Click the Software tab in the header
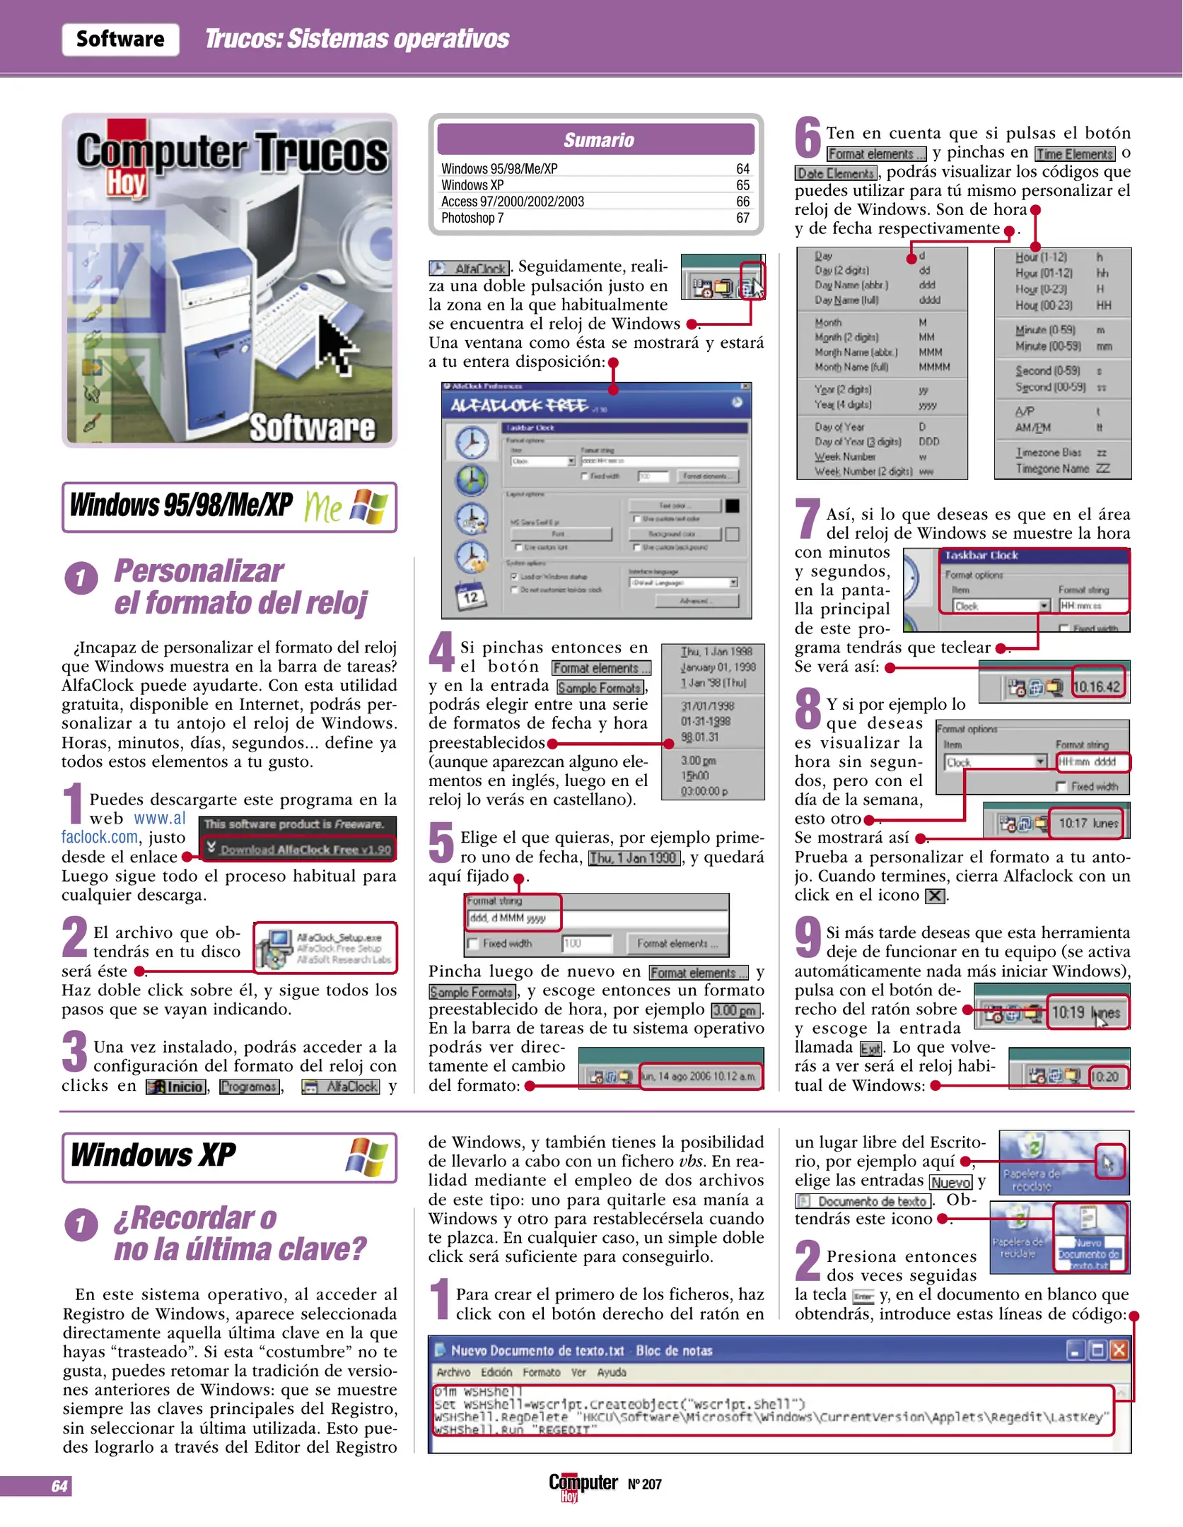pos(120,39)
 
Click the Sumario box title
pos(598,140)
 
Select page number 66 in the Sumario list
pos(742,201)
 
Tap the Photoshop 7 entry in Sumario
pos(472,218)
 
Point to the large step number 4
pos(442,651)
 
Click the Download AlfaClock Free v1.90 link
pos(305,849)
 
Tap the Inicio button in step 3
pos(177,1087)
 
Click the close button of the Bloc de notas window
pos(1119,1350)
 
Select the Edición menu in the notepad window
pos(496,1372)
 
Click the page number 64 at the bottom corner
pos(59,1486)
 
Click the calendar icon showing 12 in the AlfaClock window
pos(470,597)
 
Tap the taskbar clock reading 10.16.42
pos(1097,686)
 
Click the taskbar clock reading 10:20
pos(1105,1077)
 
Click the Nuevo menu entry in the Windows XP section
pos(951,1182)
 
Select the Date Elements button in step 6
pos(836,173)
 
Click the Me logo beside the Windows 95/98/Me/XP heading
pos(323,508)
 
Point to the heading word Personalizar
pos(199,571)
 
